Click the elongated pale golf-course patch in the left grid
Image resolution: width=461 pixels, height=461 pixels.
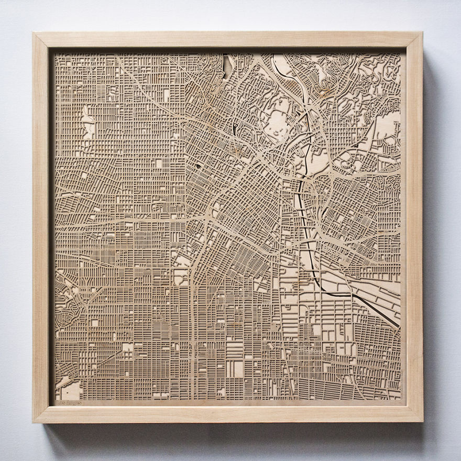tap(87, 123)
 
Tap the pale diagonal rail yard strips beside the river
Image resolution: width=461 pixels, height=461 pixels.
tap(367, 293)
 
